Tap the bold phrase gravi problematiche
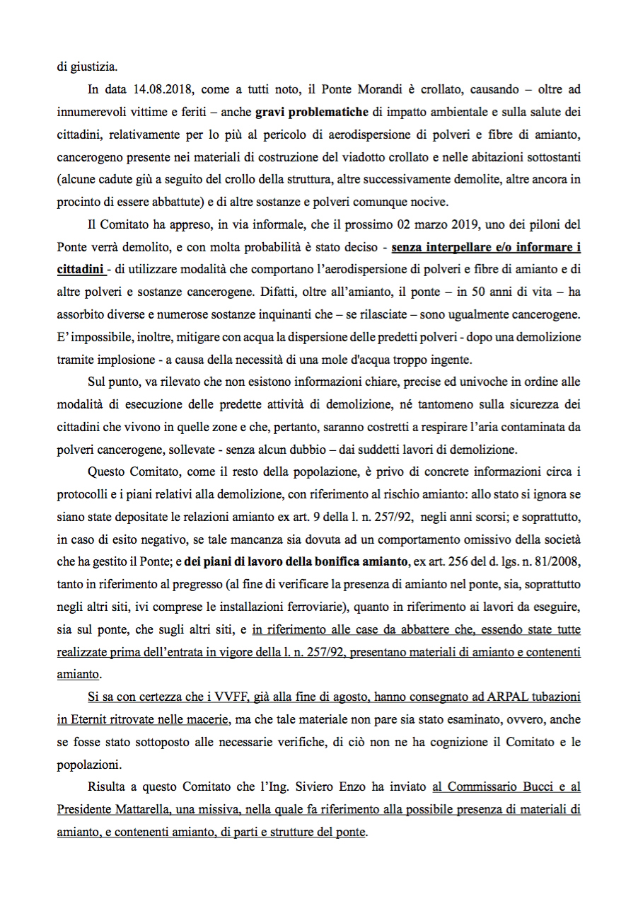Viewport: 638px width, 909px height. click(x=312, y=111)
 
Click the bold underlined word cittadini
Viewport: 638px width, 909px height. click(x=80, y=270)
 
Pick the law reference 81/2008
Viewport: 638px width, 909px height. click(x=557, y=563)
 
